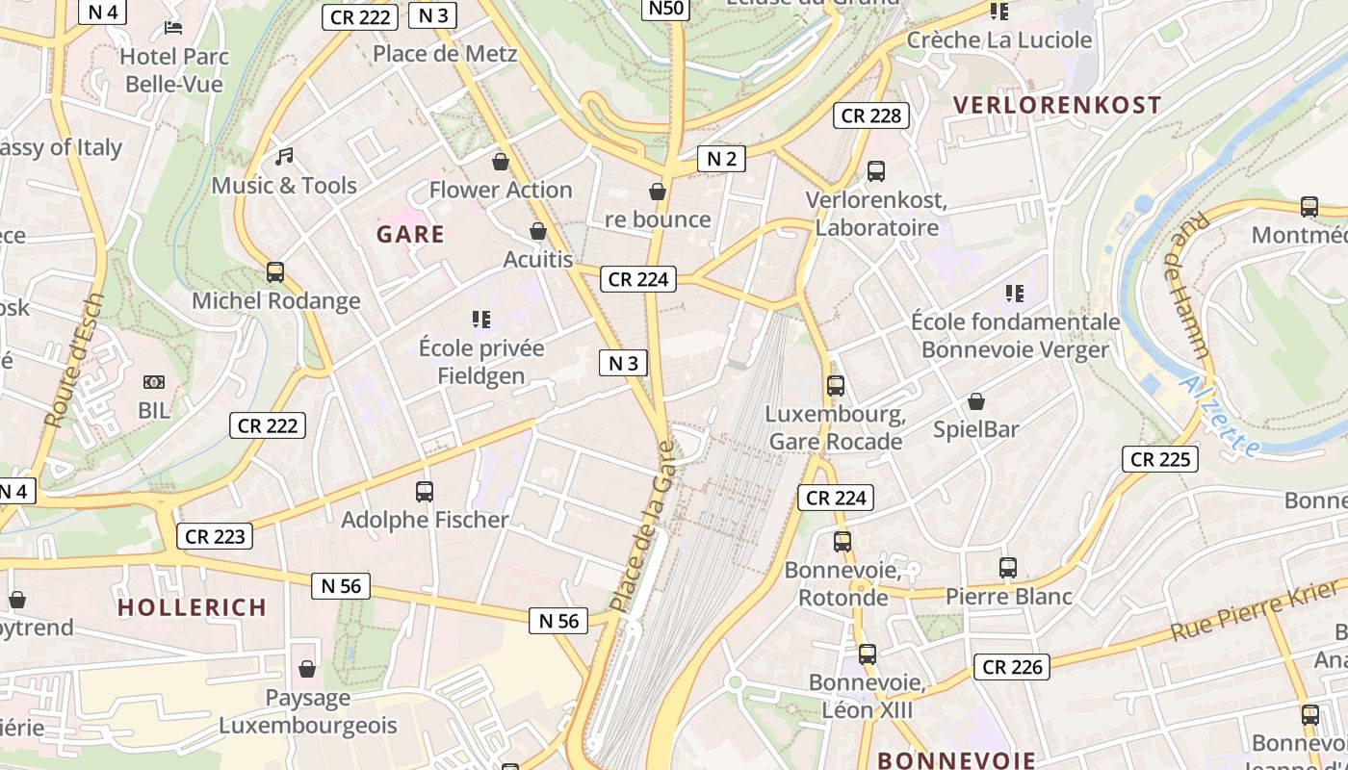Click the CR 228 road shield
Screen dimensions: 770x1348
[x=871, y=115]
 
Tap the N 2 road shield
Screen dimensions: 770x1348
[x=721, y=159]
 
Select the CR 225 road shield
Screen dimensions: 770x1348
[x=1159, y=459]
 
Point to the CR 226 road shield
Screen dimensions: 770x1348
[x=1011, y=666]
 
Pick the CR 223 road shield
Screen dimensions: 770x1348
[x=215, y=536]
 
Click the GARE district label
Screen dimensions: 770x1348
[x=410, y=234]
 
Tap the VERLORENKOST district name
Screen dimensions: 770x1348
[x=1056, y=105]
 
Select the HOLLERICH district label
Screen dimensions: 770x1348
[x=192, y=607]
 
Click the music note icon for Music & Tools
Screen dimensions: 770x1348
[x=284, y=155]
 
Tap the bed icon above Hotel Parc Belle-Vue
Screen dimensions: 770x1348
[x=173, y=27]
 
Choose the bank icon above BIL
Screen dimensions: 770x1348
[x=153, y=382]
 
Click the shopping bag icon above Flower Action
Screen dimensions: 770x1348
[x=500, y=161]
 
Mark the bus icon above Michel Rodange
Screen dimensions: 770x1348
[x=275, y=272]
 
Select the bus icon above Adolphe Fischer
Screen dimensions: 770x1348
[x=424, y=492]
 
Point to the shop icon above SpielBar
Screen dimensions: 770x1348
[x=976, y=401]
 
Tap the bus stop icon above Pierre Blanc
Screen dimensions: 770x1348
[x=1008, y=568]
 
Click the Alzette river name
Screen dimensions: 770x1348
[x=1219, y=416]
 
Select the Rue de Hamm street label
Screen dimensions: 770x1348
[x=1190, y=285]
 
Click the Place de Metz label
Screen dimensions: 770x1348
[x=445, y=54]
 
